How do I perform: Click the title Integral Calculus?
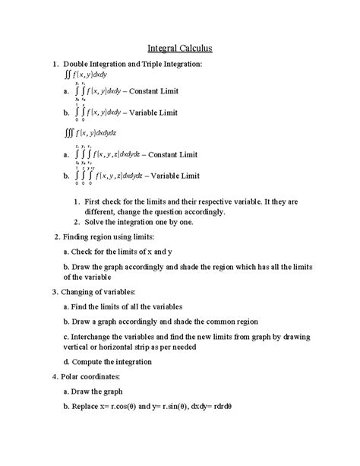click(179, 48)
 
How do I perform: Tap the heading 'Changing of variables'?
click(93, 292)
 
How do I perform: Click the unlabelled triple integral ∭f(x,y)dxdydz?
click(92, 133)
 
